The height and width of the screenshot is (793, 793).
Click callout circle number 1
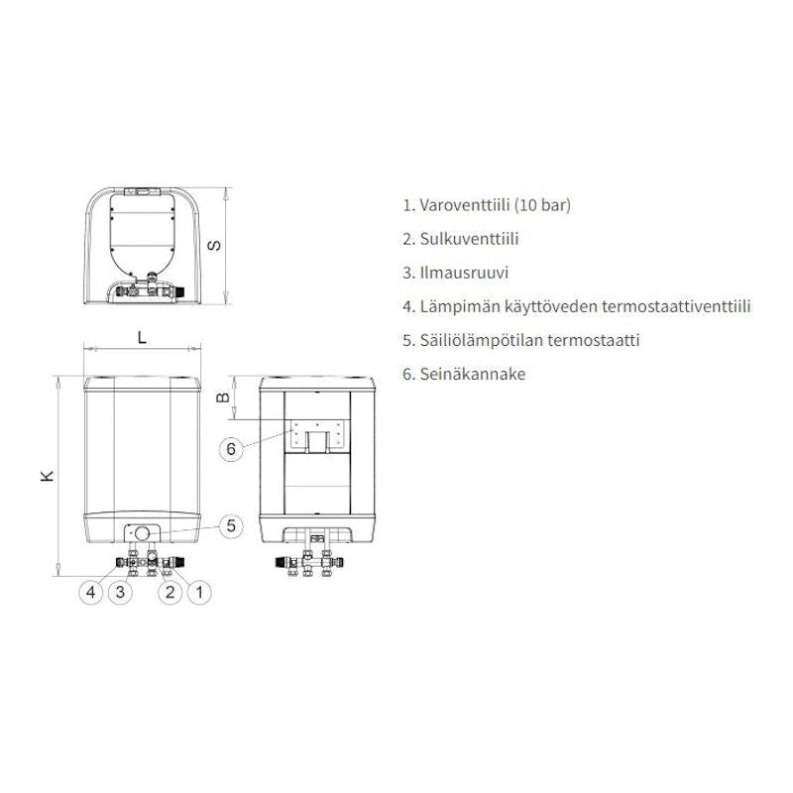point(199,592)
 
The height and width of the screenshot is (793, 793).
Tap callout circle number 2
point(170,592)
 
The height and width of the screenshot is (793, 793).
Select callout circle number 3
point(120,592)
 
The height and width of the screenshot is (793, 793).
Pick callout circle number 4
point(91,592)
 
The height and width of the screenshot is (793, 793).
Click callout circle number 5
point(231,526)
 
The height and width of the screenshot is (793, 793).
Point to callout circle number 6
point(231,449)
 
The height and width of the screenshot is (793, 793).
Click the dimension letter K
point(47,476)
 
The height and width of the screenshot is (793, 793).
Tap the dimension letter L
point(142,338)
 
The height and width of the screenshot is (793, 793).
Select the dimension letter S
point(214,245)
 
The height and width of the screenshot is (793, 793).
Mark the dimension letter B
point(223,397)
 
